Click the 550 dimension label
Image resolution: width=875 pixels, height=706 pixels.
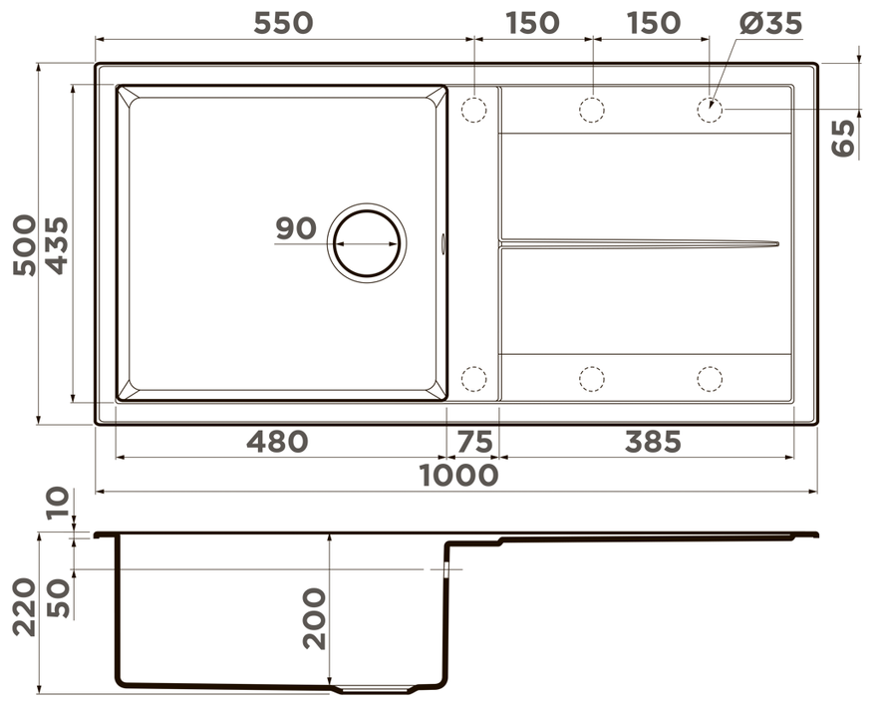283,23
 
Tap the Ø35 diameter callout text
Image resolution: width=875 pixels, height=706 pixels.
770,23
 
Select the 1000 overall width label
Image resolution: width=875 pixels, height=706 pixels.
458,476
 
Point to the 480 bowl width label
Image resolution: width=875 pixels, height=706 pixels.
277,441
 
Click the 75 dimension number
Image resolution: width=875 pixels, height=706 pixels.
475,441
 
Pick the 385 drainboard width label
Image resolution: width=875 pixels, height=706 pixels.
653,441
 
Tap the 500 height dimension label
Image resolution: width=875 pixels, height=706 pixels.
24,244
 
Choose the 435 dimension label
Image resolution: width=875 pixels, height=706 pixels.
57,244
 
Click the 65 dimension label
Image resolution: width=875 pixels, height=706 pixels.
843,138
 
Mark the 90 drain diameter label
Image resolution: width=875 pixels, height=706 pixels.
296,228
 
